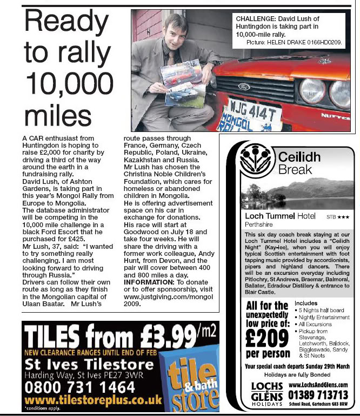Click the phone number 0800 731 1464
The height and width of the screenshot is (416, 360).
[80, 388]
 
